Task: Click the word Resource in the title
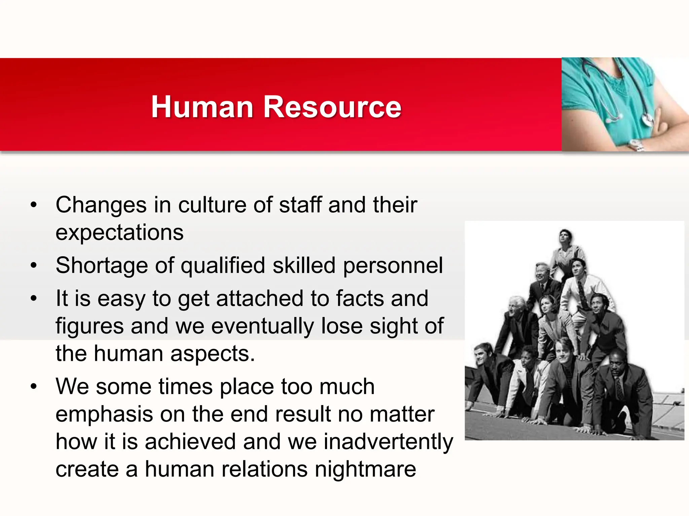tap(332, 107)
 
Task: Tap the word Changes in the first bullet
tap(101, 205)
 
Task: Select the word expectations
tap(119, 232)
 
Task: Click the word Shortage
tap(102, 265)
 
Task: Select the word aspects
tap(212, 354)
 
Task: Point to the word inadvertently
tap(388, 442)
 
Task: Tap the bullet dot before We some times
tap(33, 387)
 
